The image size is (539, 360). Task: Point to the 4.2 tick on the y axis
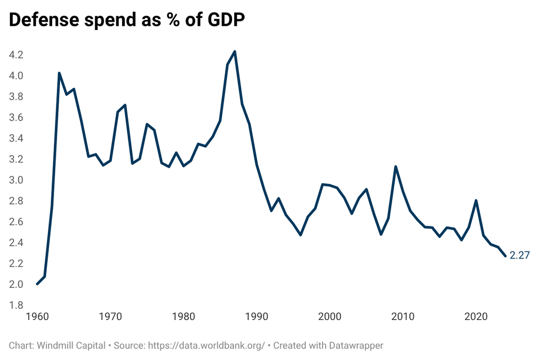(x=16, y=55)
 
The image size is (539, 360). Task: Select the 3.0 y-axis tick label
(x=16, y=181)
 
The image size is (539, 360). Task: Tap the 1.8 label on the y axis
(x=16, y=305)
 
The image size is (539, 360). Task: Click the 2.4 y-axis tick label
(x=16, y=243)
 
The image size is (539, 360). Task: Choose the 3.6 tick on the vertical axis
(x=16, y=118)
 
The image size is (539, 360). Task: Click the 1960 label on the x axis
(x=37, y=317)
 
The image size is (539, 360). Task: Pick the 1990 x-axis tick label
(x=257, y=317)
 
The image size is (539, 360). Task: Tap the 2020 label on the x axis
(x=476, y=317)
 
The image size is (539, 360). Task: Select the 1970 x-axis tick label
(x=111, y=317)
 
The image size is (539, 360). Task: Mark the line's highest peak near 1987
(x=235, y=52)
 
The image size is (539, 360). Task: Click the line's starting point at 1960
(x=37, y=284)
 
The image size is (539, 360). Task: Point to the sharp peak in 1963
(x=59, y=73)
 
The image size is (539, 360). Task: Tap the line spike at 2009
(x=395, y=167)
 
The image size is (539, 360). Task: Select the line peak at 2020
(x=476, y=201)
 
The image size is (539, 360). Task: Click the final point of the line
(x=505, y=256)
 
